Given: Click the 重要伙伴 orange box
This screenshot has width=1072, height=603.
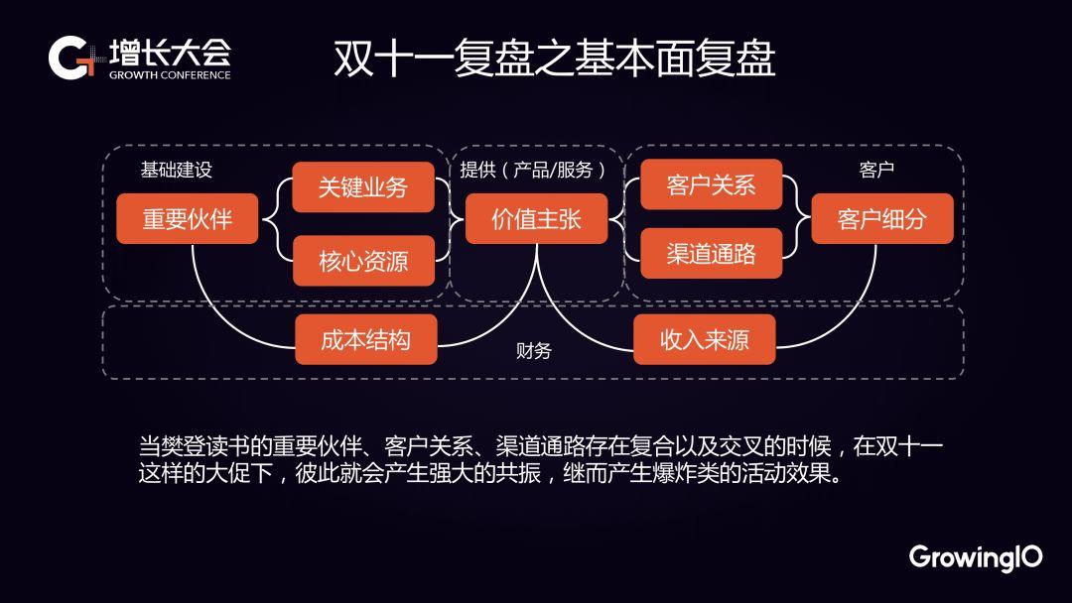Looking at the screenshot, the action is pos(188,218).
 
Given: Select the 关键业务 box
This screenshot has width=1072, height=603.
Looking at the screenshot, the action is pos(363,187).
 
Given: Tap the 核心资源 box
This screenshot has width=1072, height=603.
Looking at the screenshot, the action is pos(363,261).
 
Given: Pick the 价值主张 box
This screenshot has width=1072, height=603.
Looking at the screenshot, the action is pos(537,218).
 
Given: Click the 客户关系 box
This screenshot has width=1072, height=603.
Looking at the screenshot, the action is pos(711,184).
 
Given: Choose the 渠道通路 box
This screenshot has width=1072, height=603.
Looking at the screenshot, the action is pos(711,253).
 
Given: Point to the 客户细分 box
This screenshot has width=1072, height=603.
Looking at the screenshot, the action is pos(882,218).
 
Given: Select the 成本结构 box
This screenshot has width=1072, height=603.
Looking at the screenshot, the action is pos(365,339).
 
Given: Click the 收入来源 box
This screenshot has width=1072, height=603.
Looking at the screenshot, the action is pos(704,339).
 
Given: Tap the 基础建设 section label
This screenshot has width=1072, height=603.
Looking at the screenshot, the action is pos(177,170).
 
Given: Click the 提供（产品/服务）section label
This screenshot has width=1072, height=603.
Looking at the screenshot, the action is pos(533,170).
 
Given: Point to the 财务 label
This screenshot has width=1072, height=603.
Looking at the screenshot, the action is pos(534,350).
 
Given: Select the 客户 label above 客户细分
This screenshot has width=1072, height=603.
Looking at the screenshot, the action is pos(876,170).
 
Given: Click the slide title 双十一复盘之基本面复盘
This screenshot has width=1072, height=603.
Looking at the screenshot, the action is pos(555,59).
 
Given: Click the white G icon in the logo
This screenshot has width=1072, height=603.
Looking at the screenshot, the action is pos(68,59).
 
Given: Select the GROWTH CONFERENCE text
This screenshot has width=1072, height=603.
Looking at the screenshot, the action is pos(170,75).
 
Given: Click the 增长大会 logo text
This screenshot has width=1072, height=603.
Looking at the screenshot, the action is pos(171,53).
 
